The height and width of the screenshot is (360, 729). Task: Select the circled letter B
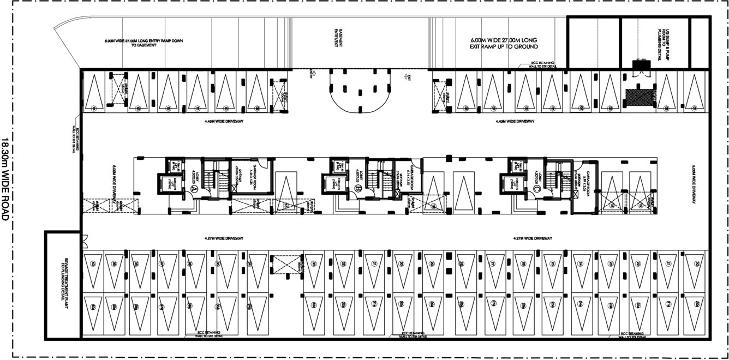(358, 189)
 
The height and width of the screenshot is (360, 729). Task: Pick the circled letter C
(537, 189)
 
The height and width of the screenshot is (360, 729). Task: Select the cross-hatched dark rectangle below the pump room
(637, 97)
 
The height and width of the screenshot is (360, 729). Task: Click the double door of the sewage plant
(83, 238)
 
